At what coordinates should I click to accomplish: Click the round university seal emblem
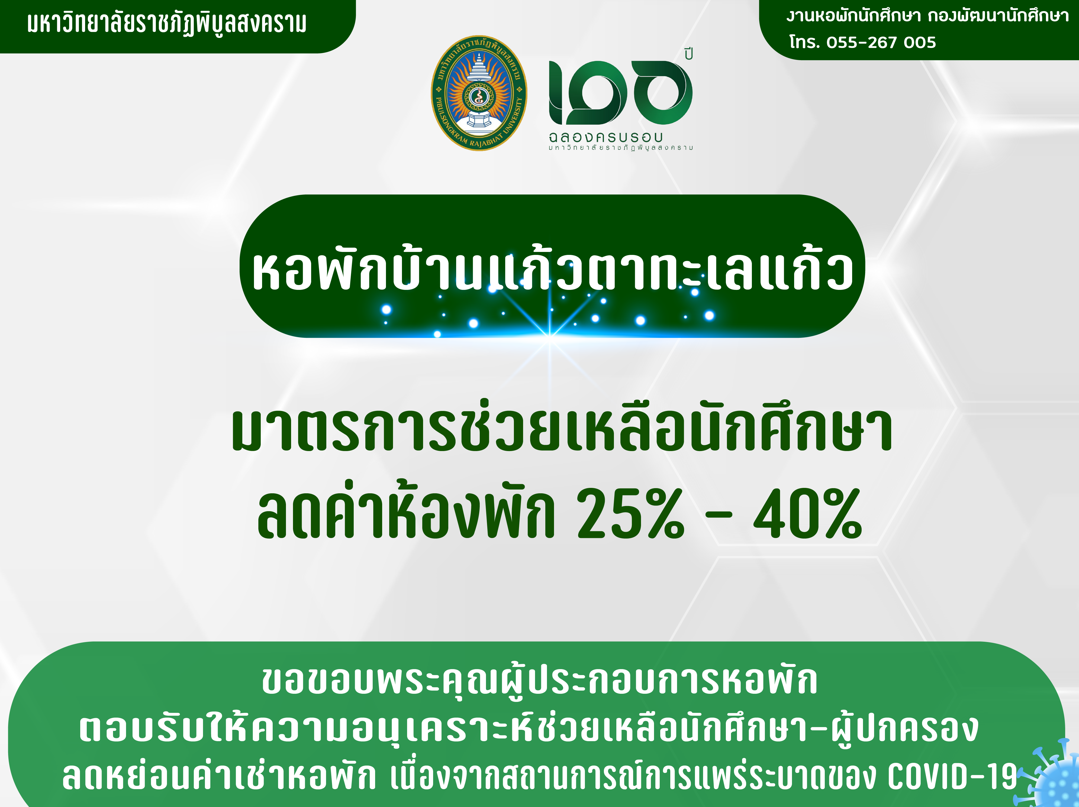point(479,93)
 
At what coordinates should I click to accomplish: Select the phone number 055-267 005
point(881,43)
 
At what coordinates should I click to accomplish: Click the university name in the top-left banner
point(167,23)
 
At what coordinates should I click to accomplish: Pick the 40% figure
point(808,513)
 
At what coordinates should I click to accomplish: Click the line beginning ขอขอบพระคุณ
point(539,681)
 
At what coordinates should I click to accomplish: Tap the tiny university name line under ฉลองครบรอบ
point(620,147)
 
